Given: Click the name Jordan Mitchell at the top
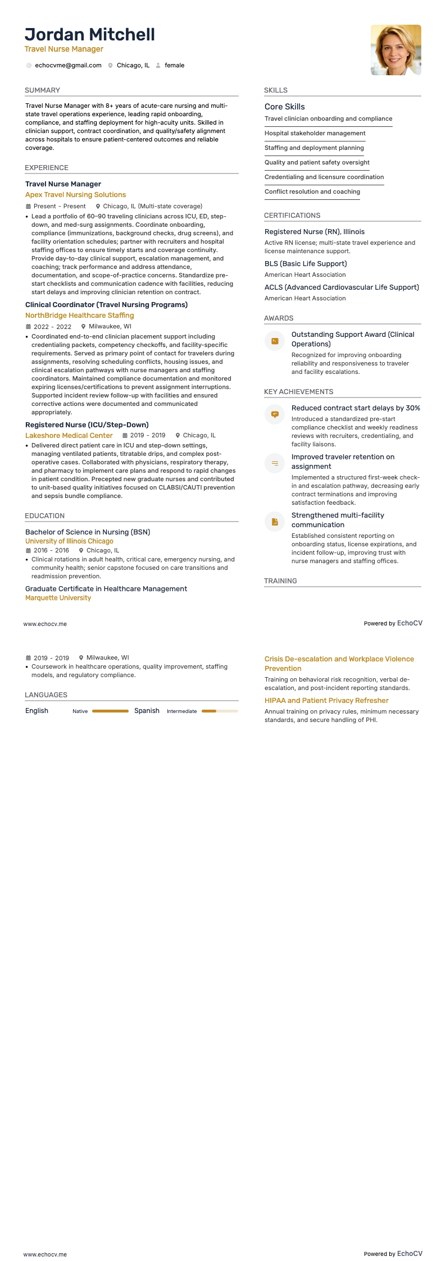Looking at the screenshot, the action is click(x=90, y=35).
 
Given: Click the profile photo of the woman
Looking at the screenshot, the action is click(x=395, y=50).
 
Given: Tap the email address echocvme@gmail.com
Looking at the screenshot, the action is click(x=68, y=66).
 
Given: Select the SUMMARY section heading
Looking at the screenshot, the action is click(x=42, y=90).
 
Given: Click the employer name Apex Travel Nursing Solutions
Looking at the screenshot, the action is click(x=75, y=195).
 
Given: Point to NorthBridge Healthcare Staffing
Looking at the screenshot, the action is click(x=79, y=316).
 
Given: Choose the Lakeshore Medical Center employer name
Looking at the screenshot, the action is click(x=69, y=436).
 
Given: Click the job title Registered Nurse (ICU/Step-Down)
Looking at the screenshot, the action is click(x=87, y=425).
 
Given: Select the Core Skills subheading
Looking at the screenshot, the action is click(x=284, y=107).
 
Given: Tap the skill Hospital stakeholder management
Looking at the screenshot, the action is click(x=315, y=134).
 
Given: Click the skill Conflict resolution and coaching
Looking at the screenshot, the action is click(x=312, y=192).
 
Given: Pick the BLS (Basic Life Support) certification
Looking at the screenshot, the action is click(x=306, y=264).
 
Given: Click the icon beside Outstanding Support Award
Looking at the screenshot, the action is click(x=275, y=341).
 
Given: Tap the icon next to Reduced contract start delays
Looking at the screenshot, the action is click(x=275, y=414).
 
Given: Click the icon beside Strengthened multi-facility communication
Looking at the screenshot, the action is click(x=275, y=522).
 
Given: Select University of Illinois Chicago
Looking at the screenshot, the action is click(x=69, y=541).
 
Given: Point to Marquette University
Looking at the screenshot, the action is click(x=58, y=598).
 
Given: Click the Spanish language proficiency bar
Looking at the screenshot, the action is click(x=220, y=711).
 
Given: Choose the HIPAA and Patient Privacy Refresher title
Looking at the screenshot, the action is click(x=326, y=701).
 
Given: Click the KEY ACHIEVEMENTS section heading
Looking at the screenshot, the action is click(x=298, y=392).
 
